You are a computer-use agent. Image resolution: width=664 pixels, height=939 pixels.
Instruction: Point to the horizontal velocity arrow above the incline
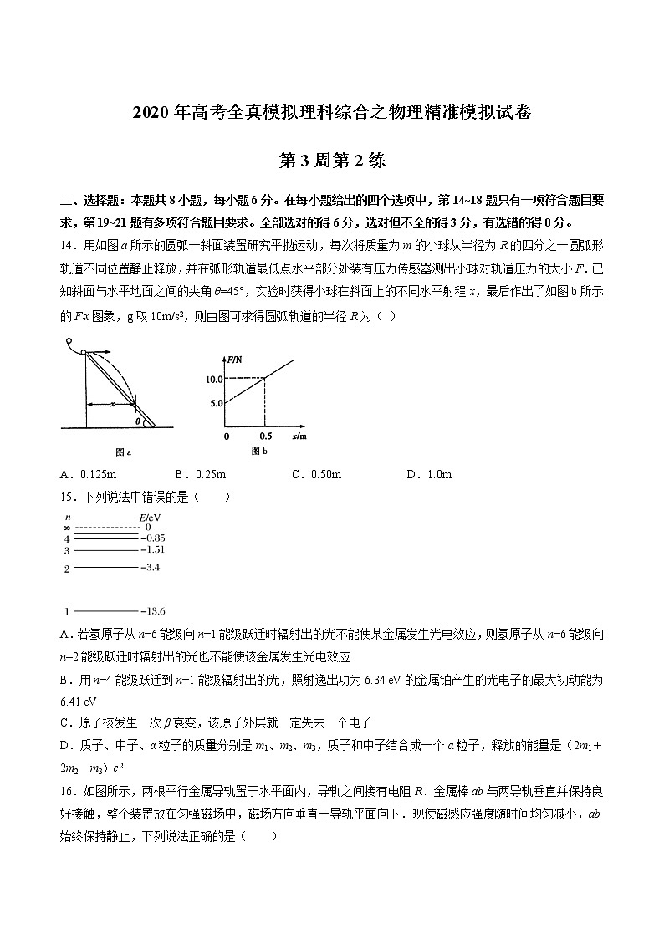point(102,353)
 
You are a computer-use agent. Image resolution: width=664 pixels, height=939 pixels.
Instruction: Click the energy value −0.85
point(152,538)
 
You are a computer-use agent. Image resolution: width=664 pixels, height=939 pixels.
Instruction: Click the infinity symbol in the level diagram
point(66,528)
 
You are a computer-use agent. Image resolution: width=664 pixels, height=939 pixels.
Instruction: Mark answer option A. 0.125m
point(90,474)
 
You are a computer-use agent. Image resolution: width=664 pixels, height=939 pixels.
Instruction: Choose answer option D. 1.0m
point(428,474)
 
